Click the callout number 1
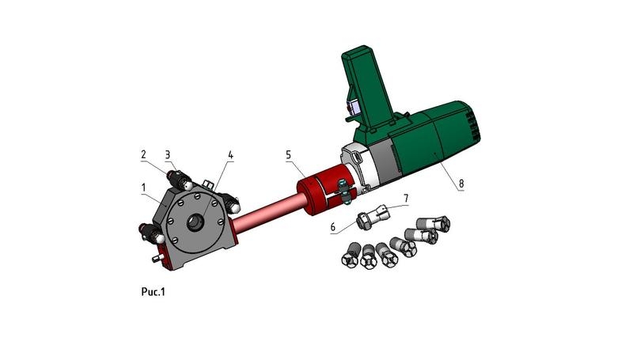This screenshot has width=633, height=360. coord(144,188)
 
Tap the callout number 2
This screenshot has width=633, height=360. coord(143,154)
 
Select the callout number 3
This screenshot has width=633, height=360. coord(168,154)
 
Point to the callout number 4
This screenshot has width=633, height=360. coord(230,155)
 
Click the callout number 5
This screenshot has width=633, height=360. coord(288,154)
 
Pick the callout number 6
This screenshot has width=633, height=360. coord(332,227)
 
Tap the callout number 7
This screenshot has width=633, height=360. coord(406,198)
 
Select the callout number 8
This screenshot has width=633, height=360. coord(461,184)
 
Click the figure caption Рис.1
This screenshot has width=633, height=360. coord(153,291)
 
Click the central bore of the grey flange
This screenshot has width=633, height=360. coord(196,222)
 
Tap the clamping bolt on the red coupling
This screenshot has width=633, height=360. coord(344,191)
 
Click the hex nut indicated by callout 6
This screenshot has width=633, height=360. coord(364,222)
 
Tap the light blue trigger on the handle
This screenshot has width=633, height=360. coord(355,108)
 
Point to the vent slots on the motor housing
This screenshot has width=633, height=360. coord(474,124)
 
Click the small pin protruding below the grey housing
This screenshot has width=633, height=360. coord(157,258)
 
